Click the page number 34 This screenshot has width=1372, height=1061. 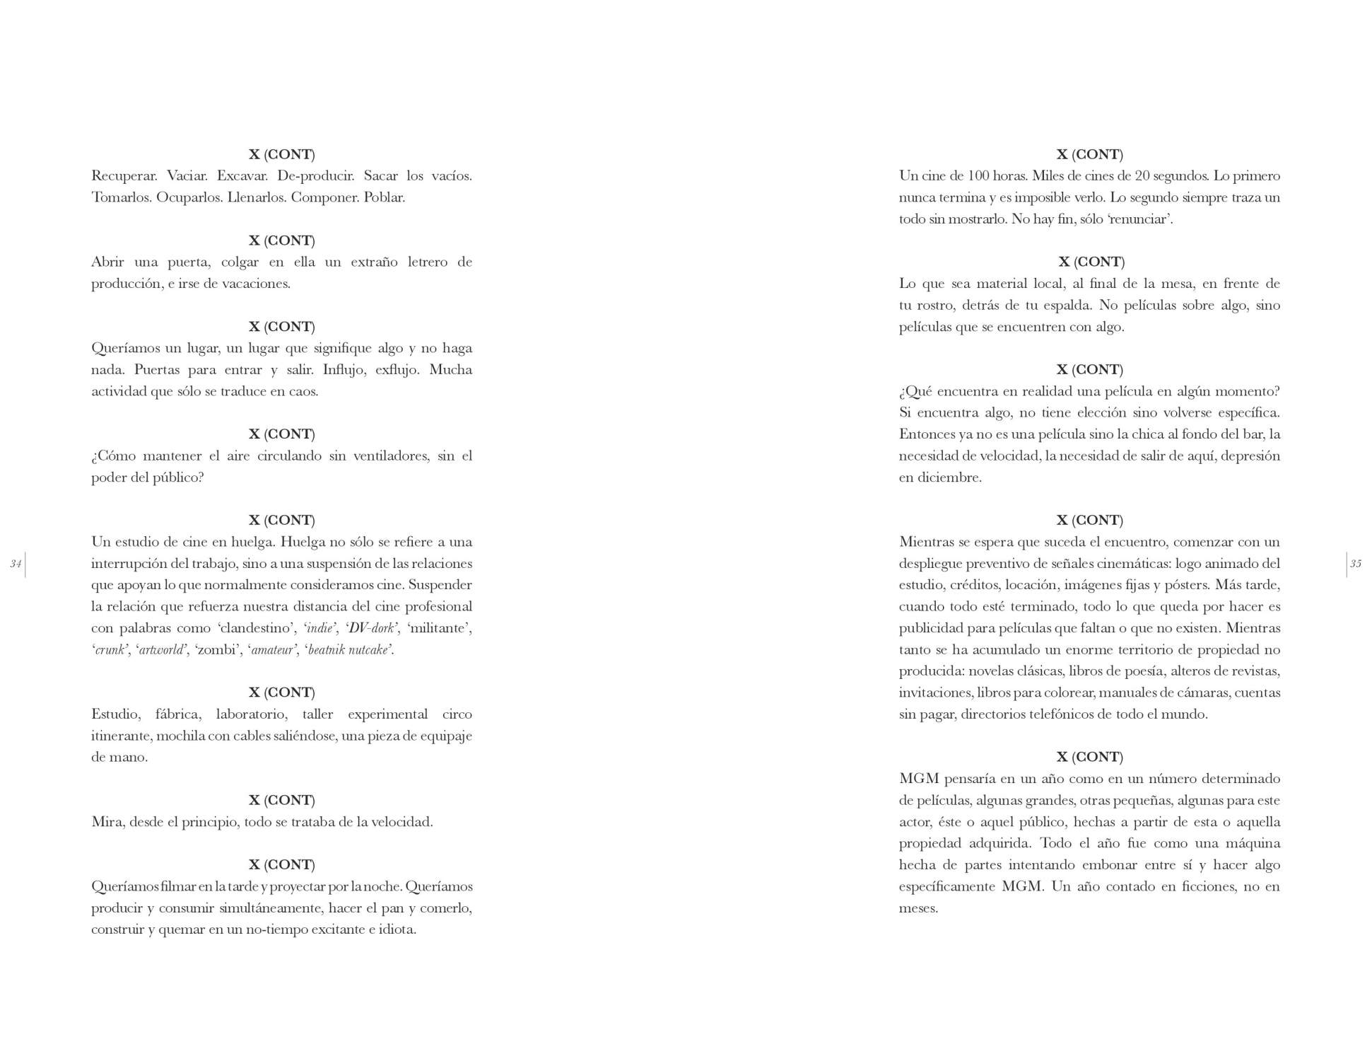pyautogui.click(x=16, y=564)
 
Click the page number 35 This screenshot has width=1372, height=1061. pyautogui.click(x=1355, y=564)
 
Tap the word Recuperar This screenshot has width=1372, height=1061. pyautogui.click(x=124, y=176)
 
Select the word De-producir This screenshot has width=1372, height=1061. pyautogui.click(x=315, y=176)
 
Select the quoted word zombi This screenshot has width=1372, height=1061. pyautogui.click(x=216, y=650)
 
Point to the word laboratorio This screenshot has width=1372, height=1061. pyautogui.click(x=251, y=714)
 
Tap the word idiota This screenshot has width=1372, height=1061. pyautogui.click(x=397, y=929)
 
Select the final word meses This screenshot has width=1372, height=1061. pyautogui.click(x=918, y=908)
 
